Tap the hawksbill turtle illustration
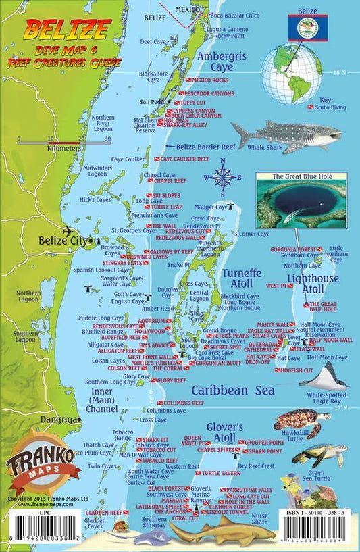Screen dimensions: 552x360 (301, 422)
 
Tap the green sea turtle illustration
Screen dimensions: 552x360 (317, 455)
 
